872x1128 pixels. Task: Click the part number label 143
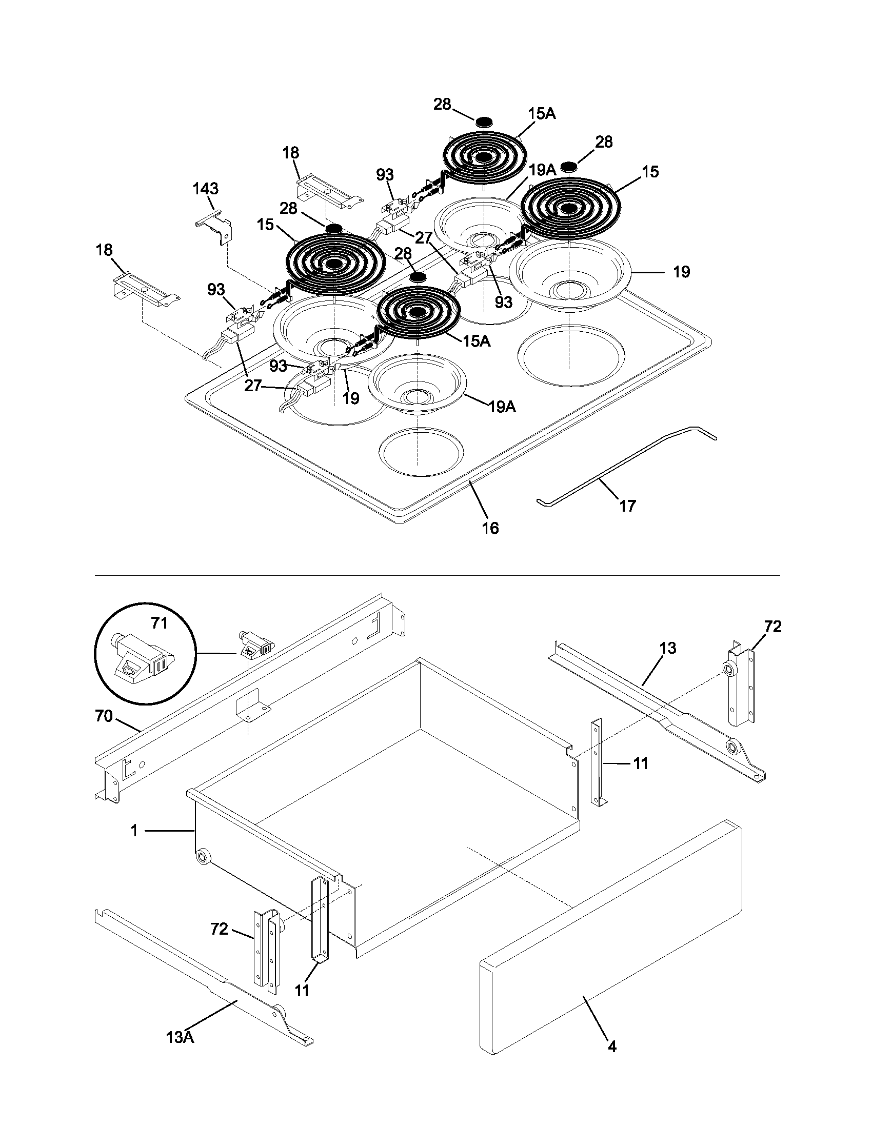pos(206,188)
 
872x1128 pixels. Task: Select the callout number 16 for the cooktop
pos(490,528)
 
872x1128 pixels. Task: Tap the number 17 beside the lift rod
pos(627,506)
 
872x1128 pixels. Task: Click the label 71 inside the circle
pos(160,623)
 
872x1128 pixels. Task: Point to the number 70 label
pos(104,716)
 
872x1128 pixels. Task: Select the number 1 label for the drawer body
pos(134,831)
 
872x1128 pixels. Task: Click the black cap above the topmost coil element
pos(484,122)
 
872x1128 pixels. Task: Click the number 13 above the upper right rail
pos(668,648)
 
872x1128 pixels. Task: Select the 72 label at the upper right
pos(773,627)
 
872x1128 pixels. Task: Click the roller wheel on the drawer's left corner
pos(203,858)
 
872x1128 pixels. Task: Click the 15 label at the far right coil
pos(650,172)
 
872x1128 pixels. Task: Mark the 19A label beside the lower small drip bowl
pos(502,407)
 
